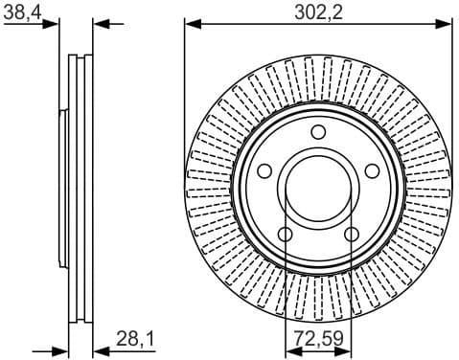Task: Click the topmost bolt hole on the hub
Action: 318,132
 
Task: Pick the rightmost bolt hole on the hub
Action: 374,172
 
